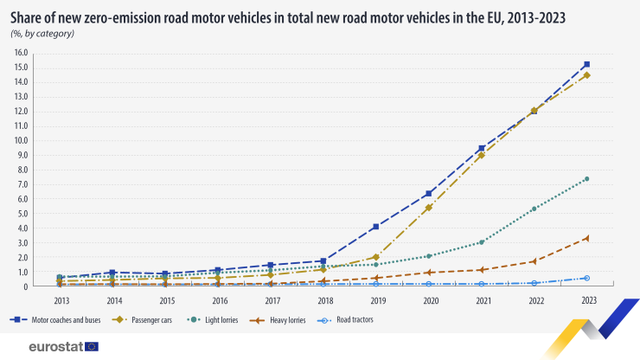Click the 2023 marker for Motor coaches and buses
[x=586, y=65]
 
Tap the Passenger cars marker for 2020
[x=429, y=208]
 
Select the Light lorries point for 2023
[x=586, y=179]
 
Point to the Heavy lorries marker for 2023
[x=586, y=238]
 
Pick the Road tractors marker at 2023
[x=586, y=278]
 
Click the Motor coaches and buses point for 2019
[x=374, y=227]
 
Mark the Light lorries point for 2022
[x=534, y=209]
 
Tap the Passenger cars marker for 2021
[x=481, y=156]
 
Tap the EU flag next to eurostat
[x=92, y=346]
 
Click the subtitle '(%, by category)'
[x=42, y=33]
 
